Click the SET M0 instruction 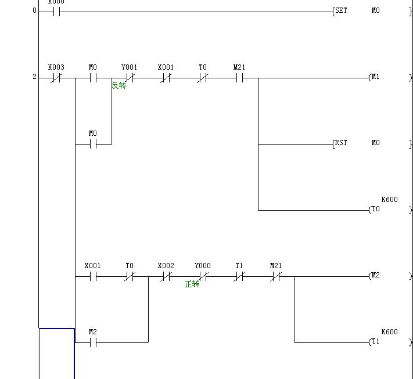pyautogui.click(x=356, y=10)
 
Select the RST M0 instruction pyautogui.click(x=356, y=143)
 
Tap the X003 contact pyautogui.click(x=56, y=77)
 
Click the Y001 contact pyautogui.click(x=130, y=77)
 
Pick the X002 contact pyautogui.click(x=166, y=276)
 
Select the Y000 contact pyautogui.click(x=203, y=276)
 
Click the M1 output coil pyautogui.click(x=375, y=77)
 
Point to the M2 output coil pyautogui.click(x=375, y=276)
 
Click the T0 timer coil pyautogui.click(x=375, y=210)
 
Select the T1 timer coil pyautogui.click(x=375, y=342)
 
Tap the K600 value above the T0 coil pyautogui.click(x=390, y=200)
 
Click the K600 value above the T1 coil pyautogui.click(x=390, y=332)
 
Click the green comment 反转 pyautogui.click(x=119, y=85)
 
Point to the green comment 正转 pyautogui.click(x=192, y=284)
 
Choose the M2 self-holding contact pyautogui.click(x=93, y=342)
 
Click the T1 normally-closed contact pyautogui.click(x=239, y=276)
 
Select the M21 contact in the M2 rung pyautogui.click(x=276, y=276)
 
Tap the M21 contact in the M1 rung pyautogui.click(x=239, y=77)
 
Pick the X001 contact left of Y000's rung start pyautogui.click(x=93, y=276)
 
